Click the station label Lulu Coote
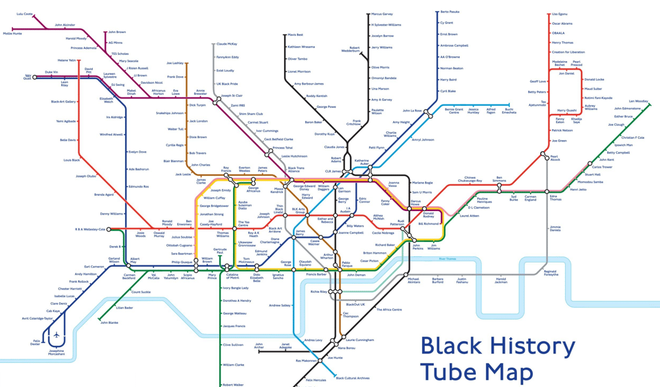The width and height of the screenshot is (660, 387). tap(25, 14)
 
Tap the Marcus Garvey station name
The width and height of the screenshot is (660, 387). tap(382, 14)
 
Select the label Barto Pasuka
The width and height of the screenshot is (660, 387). tap(450, 12)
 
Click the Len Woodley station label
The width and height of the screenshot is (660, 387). tap(639, 101)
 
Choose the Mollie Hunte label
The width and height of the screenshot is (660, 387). tap(12, 33)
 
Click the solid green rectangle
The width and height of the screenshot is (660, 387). tap(67, 378)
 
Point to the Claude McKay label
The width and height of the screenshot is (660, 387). tap(227, 43)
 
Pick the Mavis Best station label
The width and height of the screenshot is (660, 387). tap(296, 34)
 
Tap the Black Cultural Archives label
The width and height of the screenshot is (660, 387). tap(353, 378)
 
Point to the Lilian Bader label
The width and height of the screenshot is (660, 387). tap(124, 308)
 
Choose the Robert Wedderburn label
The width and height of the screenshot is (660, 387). tap(351, 49)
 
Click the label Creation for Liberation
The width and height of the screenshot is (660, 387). tap(568, 52)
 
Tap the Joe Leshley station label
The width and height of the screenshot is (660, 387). tap(175, 63)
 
